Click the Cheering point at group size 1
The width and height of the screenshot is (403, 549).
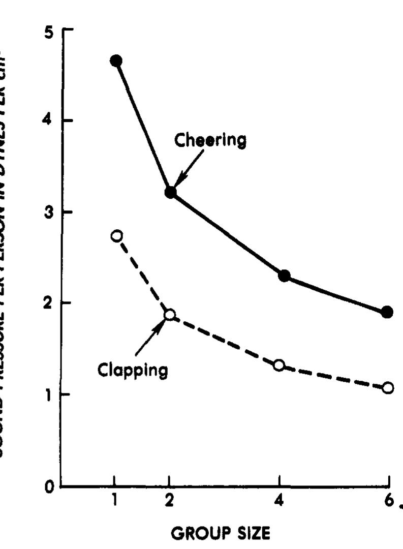[x=116, y=60]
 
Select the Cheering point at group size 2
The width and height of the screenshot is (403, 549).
[x=170, y=192]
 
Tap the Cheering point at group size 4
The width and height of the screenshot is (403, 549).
[x=284, y=276]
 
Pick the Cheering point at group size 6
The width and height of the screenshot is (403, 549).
[x=387, y=312]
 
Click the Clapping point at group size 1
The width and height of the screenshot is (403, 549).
[x=116, y=236]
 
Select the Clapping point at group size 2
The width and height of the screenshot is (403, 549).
[x=170, y=314]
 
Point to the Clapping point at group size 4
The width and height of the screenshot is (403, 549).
[x=279, y=365]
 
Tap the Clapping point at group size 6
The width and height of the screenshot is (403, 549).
[x=388, y=388]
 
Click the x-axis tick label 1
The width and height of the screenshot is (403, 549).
[x=114, y=500]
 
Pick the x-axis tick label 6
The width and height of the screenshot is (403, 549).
[x=388, y=500]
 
